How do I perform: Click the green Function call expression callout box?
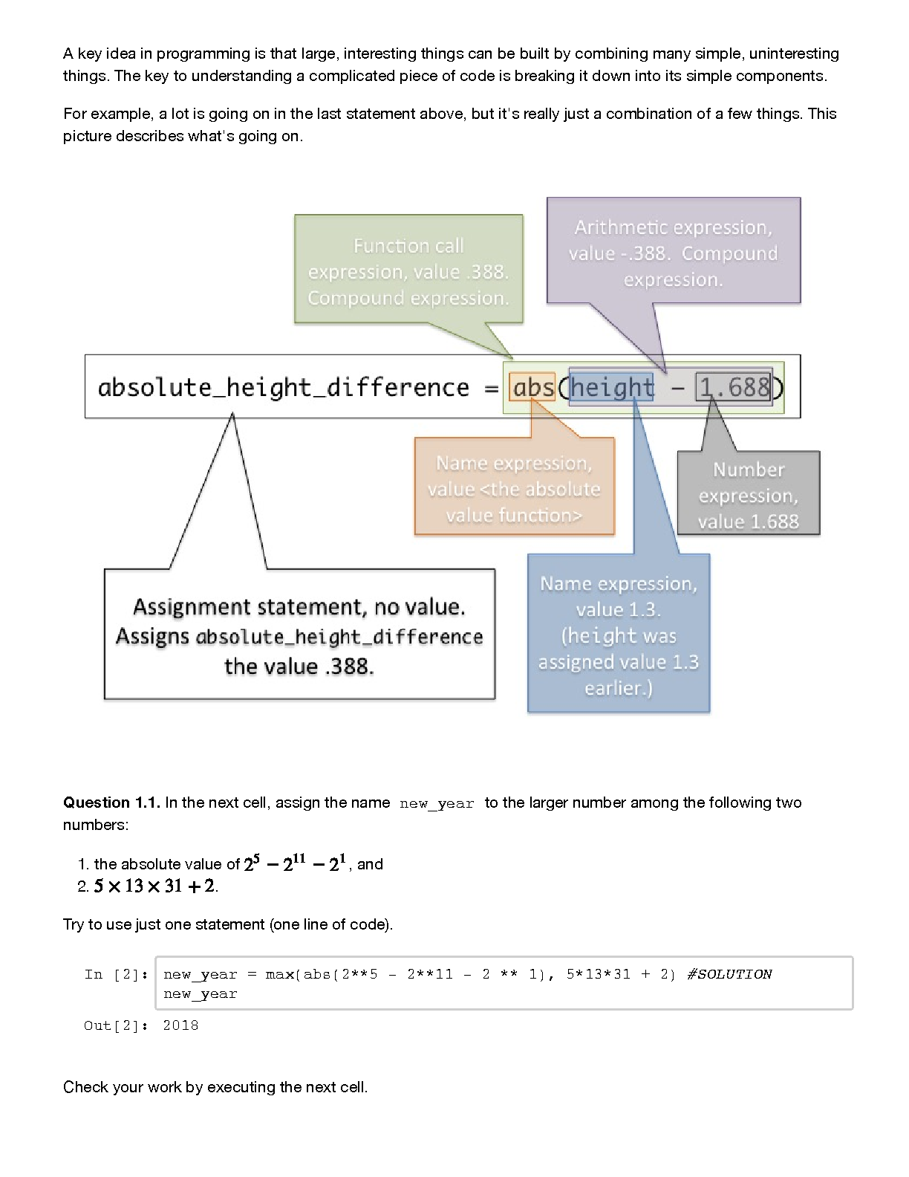[x=408, y=269]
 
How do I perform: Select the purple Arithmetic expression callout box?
[x=673, y=250]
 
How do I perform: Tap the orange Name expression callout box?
[x=515, y=486]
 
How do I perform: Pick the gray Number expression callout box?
[x=748, y=493]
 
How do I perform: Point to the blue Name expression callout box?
[x=619, y=632]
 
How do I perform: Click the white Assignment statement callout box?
[x=299, y=634]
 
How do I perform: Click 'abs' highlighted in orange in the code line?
[x=532, y=387]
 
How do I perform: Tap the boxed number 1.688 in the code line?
[x=734, y=387]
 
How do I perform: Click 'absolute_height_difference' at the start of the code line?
[x=283, y=388]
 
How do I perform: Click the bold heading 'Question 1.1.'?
[x=111, y=802]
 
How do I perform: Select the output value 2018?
[x=180, y=1025]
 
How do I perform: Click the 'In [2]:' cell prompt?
[x=116, y=974]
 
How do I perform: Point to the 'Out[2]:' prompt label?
[x=116, y=1025]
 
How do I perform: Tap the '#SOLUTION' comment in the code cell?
[x=729, y=974]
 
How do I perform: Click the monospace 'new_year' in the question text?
[x=437, y=804]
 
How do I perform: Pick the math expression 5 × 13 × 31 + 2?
[x=154, y=886]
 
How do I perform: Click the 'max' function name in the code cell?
[x=279, y=974]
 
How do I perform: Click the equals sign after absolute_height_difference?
[x=491, y=389]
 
